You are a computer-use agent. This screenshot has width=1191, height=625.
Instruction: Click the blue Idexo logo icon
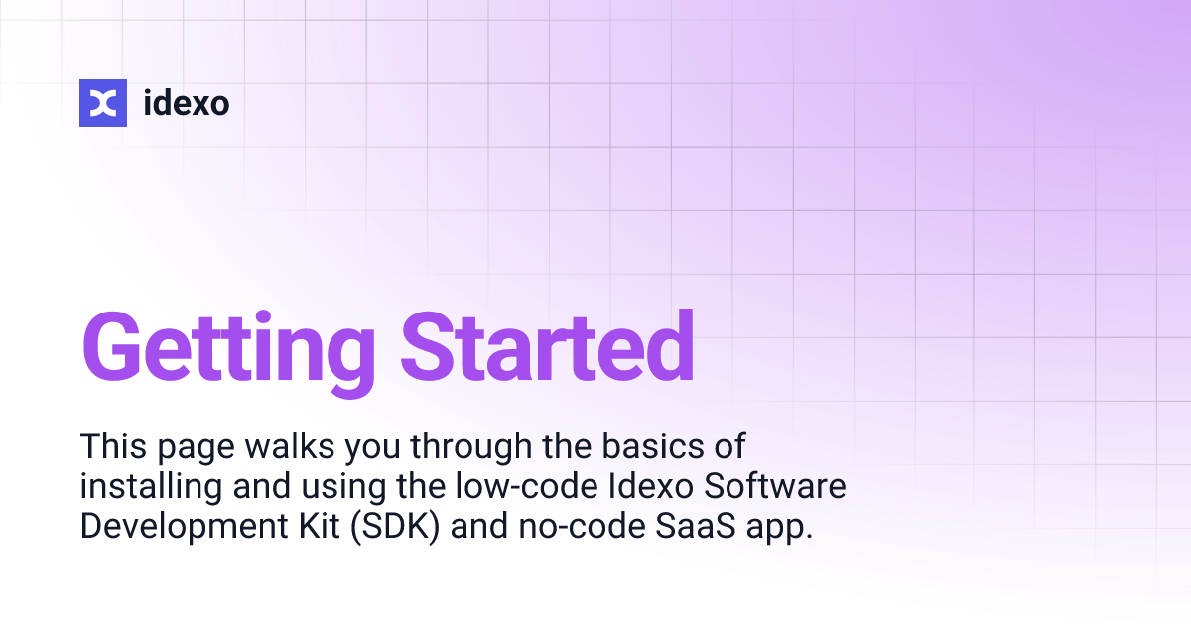[103, 103]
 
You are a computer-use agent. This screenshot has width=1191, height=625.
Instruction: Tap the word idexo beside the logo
[187, 103]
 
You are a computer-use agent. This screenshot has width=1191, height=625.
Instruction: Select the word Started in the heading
[547, 346]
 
